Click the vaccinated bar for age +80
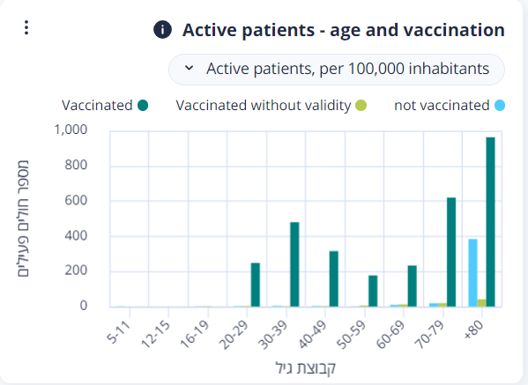[490, 222]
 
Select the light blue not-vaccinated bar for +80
[472, 273]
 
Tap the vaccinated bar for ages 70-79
[451, 252]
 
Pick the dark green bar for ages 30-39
[294, 264]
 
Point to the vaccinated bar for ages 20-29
[256, 285]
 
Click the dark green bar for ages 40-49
[334, 279]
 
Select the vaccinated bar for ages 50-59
[373, 291]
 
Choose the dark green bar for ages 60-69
[413, 286]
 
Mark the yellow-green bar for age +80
[481, 303]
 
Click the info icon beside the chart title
[162, 30]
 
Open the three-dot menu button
[26, 27]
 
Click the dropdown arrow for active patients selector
[189, 68]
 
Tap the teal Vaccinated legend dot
[143, 106]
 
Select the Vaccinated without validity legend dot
[361, 106]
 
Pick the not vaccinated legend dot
[500, 106]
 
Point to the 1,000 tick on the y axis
[71, 130]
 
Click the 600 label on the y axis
[76, 200]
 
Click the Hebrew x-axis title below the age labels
[305, 368]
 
